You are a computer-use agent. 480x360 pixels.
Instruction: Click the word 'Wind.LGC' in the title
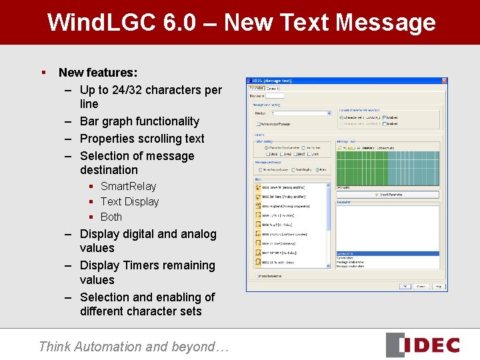101,23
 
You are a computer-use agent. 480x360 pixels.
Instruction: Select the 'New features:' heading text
98,72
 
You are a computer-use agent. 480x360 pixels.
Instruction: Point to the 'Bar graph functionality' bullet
139,121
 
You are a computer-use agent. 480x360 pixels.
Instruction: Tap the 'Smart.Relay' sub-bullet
128,186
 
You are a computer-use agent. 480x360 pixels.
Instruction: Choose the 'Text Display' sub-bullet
129,201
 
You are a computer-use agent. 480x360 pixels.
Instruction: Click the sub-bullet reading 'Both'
111,217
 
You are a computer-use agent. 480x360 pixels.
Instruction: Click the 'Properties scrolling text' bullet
142,139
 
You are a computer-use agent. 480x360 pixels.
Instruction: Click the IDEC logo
423,345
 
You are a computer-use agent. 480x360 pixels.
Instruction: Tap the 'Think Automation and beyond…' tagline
133,347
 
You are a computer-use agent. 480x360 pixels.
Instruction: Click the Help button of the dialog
438,286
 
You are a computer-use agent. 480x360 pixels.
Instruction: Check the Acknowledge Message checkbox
259,123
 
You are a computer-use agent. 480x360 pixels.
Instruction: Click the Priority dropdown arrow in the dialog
329,113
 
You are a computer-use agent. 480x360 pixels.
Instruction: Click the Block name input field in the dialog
275,95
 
